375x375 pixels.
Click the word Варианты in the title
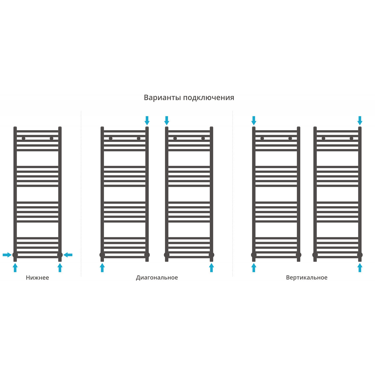coord(162,98)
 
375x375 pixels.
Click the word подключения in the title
coord(209,98)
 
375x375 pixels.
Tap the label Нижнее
coord(37,278)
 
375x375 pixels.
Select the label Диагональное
coord(157,278)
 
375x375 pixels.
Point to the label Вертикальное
coord(307,278)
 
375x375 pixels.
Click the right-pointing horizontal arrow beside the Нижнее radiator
coord(7,255)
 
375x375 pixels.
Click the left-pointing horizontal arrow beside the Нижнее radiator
coord(68,255)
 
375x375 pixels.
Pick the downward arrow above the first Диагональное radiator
coord(147,120)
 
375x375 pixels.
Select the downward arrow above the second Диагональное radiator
coord(167,120)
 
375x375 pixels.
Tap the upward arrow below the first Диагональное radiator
coord(102,267)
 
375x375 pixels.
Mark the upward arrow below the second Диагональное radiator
coord(212,267)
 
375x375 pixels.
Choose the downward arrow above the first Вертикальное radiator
coord(254,120)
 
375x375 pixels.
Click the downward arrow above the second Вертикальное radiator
coord(360,120)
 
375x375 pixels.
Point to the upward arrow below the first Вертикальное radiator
coord(254,267)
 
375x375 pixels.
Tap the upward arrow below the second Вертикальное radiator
coord(360,267)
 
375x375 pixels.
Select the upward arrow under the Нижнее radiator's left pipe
coord(15,267)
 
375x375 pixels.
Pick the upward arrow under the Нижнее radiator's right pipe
coord(60,267)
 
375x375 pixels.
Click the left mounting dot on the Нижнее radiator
coord(23,138)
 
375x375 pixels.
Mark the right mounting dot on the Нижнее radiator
coord(52,138)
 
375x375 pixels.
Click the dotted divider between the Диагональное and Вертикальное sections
coord(233,193)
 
